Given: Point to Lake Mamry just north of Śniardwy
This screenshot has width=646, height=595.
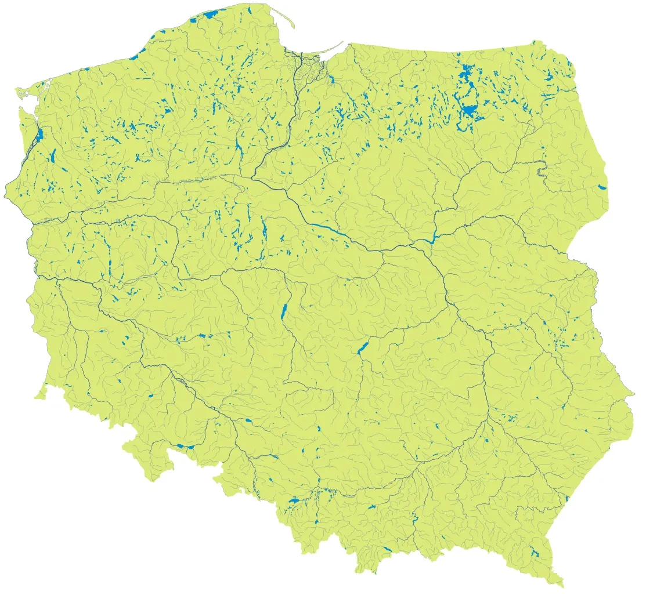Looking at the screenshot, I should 464,74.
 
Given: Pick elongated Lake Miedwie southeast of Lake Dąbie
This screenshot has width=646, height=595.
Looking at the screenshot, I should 52,155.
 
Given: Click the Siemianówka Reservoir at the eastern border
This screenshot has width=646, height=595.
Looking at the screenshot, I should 600,187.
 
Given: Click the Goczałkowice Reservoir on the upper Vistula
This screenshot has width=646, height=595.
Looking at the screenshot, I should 293,499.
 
